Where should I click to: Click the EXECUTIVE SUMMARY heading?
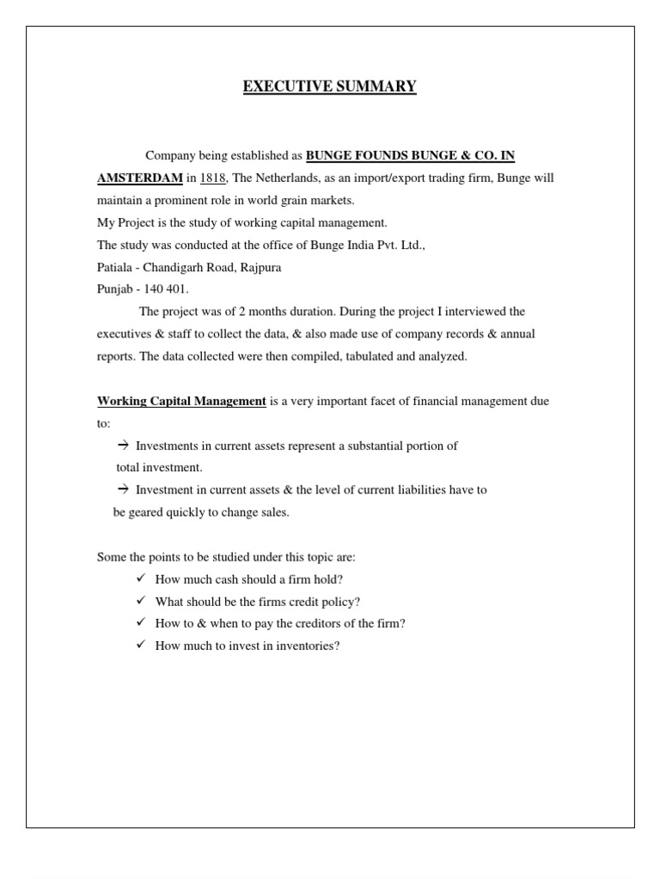pos(330,87)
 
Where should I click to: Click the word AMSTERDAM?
pos(139,178)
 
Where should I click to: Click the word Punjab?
pos(113,289)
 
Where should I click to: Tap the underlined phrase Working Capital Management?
pos(181,401)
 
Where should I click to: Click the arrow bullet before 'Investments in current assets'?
pos(122,446)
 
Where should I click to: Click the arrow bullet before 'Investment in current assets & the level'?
pos(122,490)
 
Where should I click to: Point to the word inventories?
pos(310,646)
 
